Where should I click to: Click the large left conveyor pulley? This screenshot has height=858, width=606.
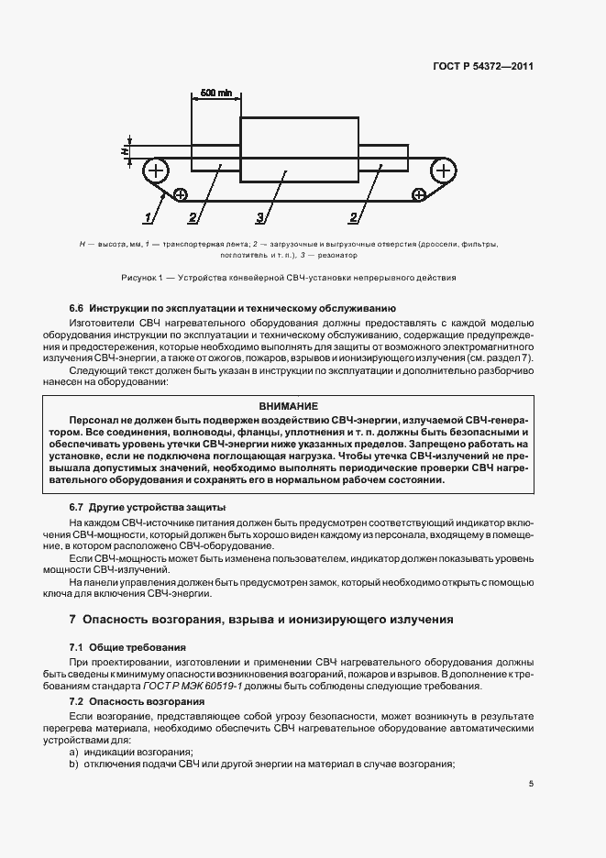(x=157, y=170)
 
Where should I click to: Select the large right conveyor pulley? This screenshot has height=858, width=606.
(x=443, y=170)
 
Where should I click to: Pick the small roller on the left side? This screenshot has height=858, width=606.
(x=180, y=194)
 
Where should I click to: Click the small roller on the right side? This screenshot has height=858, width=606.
(x=419, y=194)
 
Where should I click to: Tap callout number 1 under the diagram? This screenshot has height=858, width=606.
(x=147, y=217)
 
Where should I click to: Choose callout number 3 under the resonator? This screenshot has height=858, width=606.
(x=260, y=217)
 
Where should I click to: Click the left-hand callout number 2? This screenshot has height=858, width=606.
(x=193, y=217)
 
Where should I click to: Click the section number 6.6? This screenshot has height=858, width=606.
(x=77, y=309)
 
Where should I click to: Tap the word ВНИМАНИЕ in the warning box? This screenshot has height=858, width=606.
(x=288, y=406)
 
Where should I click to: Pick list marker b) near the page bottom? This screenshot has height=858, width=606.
(x=73, y=764)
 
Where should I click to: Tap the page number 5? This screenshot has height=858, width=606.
(x=532, y=784)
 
